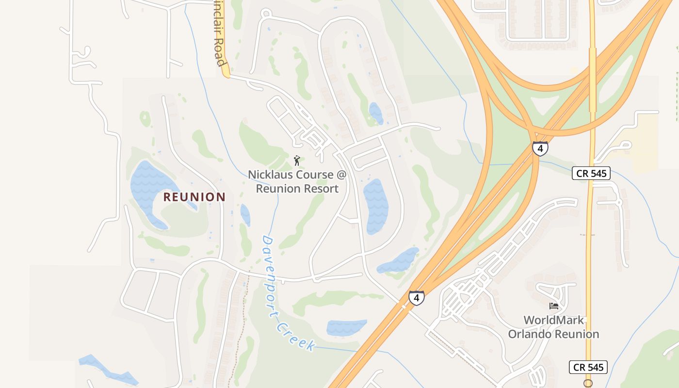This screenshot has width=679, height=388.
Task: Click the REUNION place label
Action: (194, 197)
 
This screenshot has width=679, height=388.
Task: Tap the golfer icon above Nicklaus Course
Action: (297, 160)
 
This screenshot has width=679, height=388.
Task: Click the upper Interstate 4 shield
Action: (540, 148)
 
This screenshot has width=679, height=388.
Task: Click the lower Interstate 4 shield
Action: (416, 297)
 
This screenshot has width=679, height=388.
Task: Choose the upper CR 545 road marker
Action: (591, 173)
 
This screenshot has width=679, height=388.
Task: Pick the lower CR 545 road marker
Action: (588, 367)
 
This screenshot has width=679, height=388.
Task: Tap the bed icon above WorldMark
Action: (553, 306)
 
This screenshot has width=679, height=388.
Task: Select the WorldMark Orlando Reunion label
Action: (553, 327)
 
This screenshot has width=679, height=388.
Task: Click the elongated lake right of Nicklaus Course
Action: (376, 206)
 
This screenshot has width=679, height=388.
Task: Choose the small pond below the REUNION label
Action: (245, 215)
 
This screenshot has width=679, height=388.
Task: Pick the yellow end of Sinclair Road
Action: (225, 72)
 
